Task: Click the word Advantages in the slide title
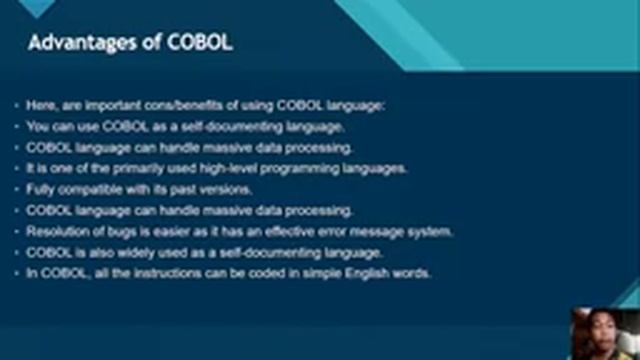(76, 44)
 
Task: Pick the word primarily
(133, 168)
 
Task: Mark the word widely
(132, 252)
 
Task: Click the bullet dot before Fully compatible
(17, 189)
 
